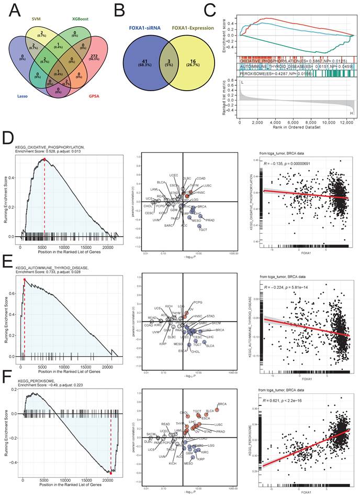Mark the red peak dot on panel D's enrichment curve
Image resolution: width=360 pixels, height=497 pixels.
pos(45,159)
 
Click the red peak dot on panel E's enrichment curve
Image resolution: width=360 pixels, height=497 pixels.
pos(25,279)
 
